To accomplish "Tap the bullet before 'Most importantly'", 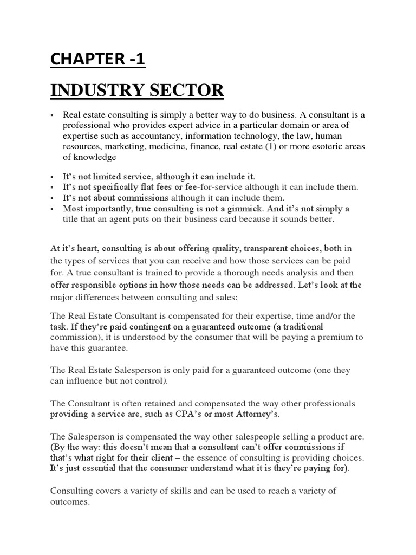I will coord(53,209).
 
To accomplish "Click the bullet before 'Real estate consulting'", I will coord(53,115).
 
